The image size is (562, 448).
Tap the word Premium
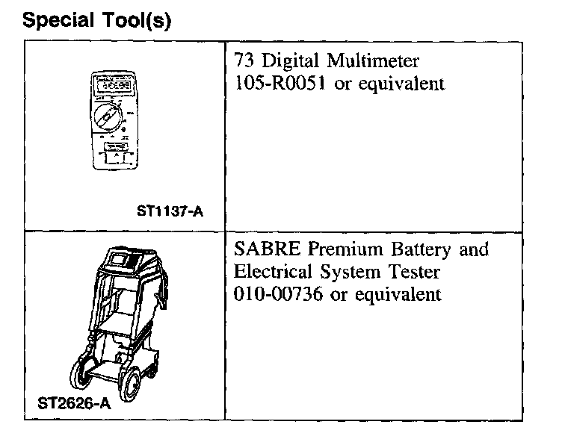(339, 249)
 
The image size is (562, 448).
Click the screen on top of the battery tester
(119, 259)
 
